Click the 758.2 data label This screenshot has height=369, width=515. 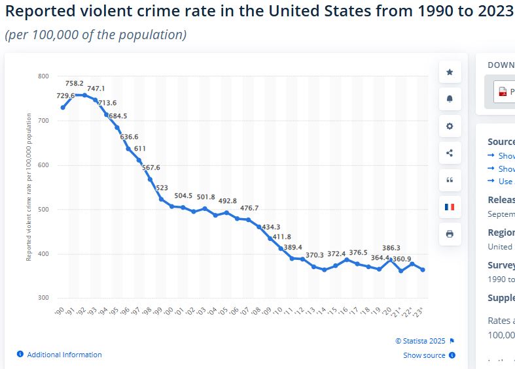[75, 84]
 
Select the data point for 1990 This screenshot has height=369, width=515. [63, 107]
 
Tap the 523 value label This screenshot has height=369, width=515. [162, 188]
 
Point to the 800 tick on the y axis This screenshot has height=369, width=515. [43, 76]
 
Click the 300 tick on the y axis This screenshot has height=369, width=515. [43, 298]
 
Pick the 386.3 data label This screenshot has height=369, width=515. [391, 248]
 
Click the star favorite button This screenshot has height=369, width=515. [450, 72]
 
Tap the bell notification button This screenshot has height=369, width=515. [450, 99]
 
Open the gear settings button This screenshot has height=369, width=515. [450, 126]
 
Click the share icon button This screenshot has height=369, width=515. [450, 153]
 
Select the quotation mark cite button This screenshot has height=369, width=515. [450, 180]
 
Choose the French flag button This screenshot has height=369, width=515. [450, 207]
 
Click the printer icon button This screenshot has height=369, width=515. [450, 234]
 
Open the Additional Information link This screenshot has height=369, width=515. [64, 355]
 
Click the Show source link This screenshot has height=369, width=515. [424, 355]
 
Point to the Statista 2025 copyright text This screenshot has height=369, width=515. [420, 341]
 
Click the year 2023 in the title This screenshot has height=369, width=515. [492, 11]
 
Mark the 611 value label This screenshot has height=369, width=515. [139, 149]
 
